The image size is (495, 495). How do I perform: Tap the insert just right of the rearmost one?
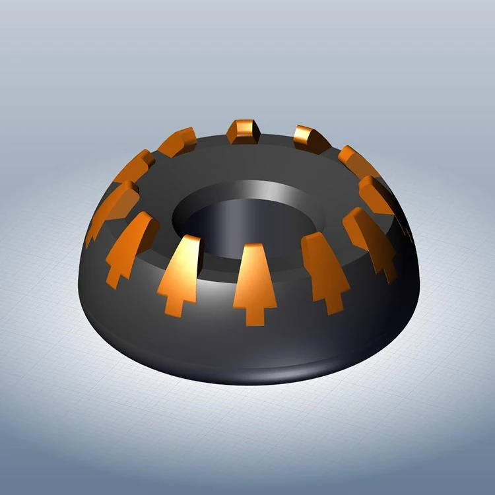tap(310, 137)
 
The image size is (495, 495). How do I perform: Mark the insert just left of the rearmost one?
tap(178, 141)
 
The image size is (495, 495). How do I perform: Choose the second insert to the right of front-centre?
tap(370, 238)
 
